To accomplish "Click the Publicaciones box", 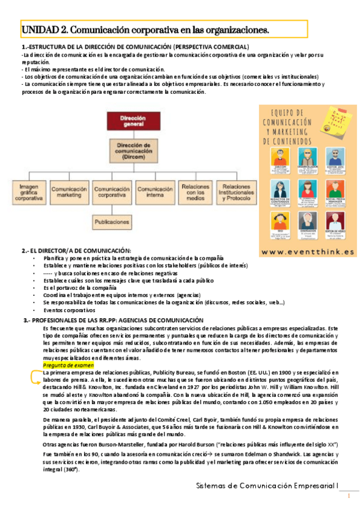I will [112, 222].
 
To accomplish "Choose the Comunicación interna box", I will [154, 192].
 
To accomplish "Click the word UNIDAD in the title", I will [40, 29].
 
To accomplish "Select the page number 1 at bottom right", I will [349, 495].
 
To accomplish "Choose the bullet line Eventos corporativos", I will [69, 310].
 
